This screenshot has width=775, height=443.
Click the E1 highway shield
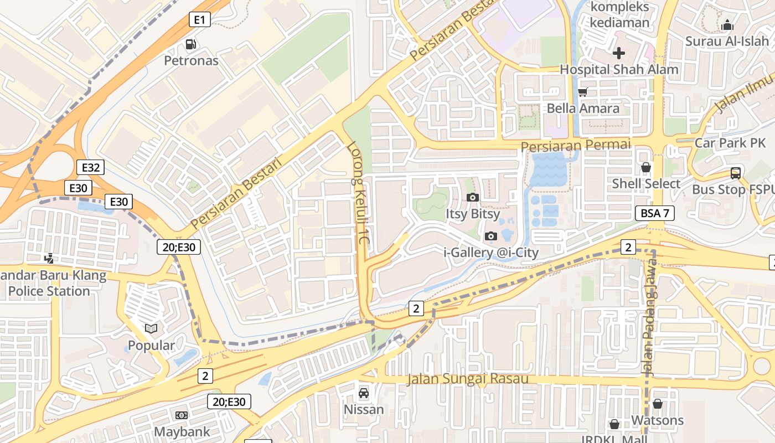click(199, 20)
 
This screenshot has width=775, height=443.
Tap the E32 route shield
click(91, 167)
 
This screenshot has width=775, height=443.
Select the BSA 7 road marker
click(654, 213)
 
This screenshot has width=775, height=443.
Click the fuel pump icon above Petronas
click(191, 44)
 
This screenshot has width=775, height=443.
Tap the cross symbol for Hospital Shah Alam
click(619, 53)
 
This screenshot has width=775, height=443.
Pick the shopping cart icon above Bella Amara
click(582, 92)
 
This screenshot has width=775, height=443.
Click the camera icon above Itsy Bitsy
click(472, 197)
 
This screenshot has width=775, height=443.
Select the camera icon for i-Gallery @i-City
click(490, 236)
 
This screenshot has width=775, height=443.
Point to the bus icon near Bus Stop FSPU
click(735, 173)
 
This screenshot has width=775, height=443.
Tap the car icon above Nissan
click(364, 393)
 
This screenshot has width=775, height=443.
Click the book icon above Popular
click(151, 329)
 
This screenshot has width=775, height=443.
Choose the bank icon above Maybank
click(182, 415)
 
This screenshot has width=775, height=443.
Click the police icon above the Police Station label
click(50, 257)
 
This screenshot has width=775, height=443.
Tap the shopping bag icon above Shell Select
click(645, 167)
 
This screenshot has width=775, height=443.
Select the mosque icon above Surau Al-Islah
click(727, 25)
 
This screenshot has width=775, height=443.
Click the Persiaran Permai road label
click(576, 146)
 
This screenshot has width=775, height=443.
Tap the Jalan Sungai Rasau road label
click(467, 379)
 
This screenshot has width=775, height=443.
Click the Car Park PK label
click(730, 143)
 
